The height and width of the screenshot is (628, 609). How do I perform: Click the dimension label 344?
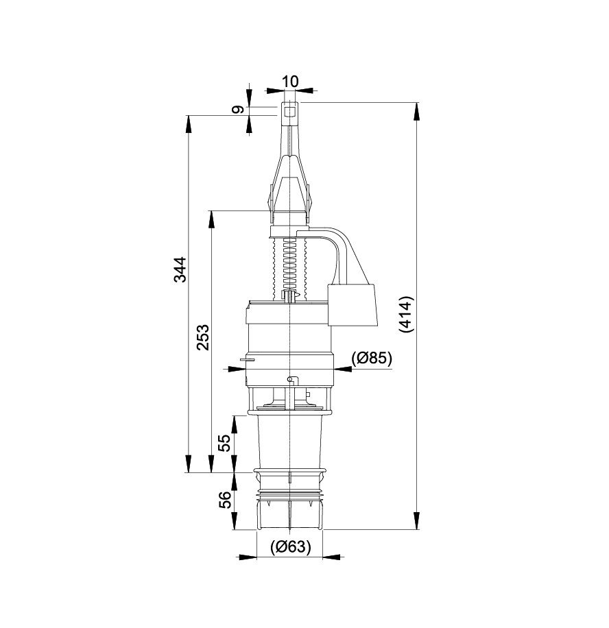pos(180,269)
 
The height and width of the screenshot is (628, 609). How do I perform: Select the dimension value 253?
pos(203,337)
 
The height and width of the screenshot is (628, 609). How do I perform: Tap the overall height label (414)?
pos(405,315)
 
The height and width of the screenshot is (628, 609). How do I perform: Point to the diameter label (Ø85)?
pos(372,358)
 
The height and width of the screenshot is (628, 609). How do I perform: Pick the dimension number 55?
pos(225,443)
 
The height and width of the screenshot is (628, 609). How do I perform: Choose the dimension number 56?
pos(225,500)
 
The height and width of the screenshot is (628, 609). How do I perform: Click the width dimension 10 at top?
pos(290,82)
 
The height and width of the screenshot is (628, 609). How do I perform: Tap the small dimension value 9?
pos(238,109)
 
